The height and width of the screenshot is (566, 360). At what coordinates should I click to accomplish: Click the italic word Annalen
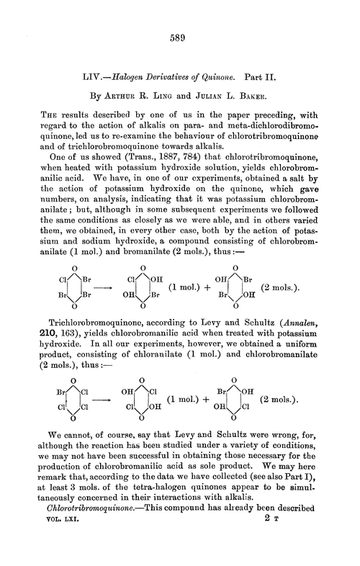coord(305,321)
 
